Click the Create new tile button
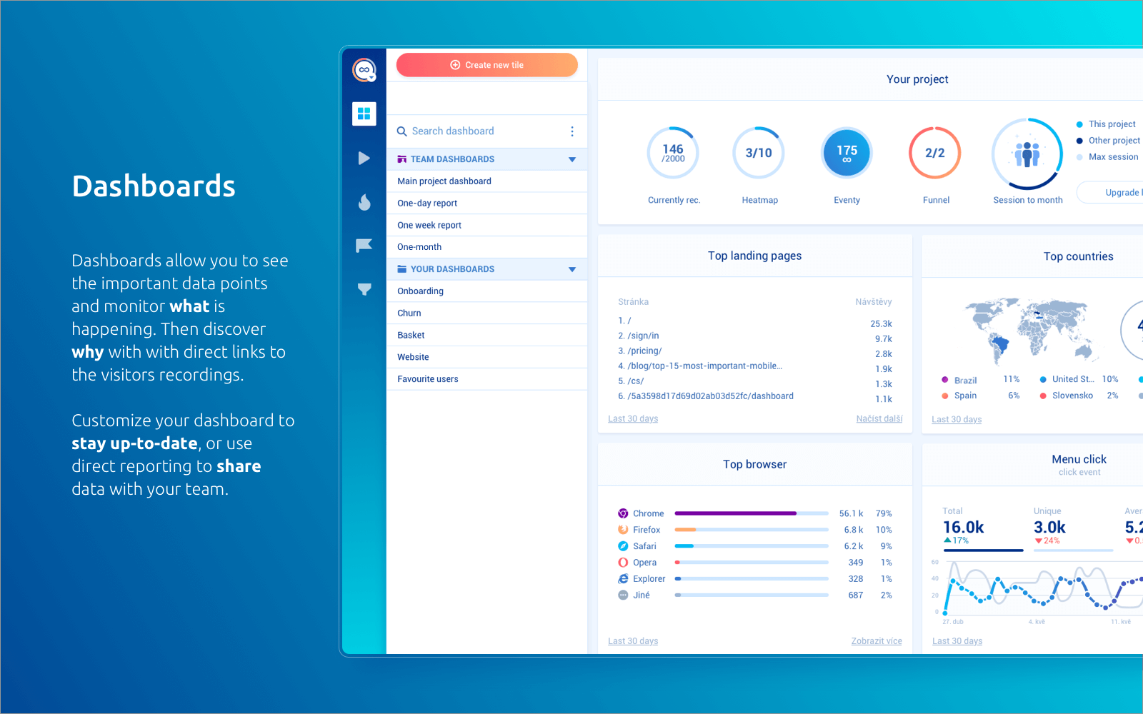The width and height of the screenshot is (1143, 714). pos(486,65)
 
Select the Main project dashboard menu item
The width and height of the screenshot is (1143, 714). pos(444,181)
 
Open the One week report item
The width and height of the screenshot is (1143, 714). pos(429,225)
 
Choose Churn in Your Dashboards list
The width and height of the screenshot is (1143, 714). pos(409,313)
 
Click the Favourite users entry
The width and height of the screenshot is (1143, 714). pos(428,379)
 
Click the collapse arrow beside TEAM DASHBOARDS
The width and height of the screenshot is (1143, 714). pos(572,159)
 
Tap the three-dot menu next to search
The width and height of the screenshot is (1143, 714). pos(572,131)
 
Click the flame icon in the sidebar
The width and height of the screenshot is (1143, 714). pos(364,203)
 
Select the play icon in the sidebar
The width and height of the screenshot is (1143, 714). pos(364,159)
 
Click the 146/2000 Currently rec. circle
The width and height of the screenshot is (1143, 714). pos(673,153)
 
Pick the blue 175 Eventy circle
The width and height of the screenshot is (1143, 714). pos(847,153)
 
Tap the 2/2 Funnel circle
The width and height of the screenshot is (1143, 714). pos(934,153)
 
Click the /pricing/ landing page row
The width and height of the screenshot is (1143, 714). pos(645,351)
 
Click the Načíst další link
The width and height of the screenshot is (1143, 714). pos(879,419)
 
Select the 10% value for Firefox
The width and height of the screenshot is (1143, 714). pos(884,530)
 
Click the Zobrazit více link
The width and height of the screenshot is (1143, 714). pos(877,641)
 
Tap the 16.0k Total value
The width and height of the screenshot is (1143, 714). pos(963,528)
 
